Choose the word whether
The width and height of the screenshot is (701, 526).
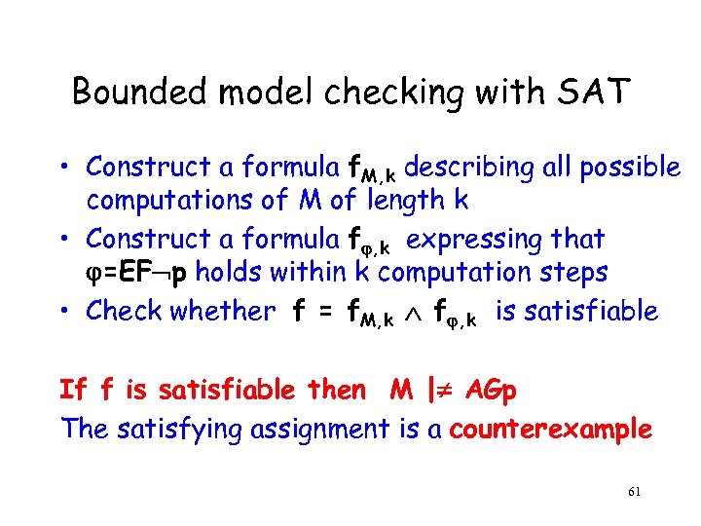click(x=223, y=311)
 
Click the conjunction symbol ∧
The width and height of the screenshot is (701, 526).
click(x=424, y=313)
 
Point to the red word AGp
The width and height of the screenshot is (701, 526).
click(x=492, y=391)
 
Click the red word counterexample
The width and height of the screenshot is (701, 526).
click(x=551, y=429)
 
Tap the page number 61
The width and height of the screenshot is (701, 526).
click(x=634, y=493)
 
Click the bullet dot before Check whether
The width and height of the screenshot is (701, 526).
click(x=64, y=312)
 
